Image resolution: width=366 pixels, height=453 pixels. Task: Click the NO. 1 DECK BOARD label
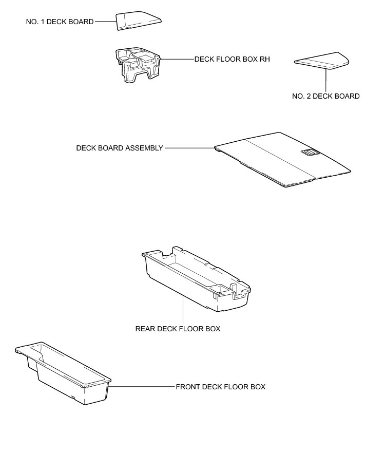point(60,22)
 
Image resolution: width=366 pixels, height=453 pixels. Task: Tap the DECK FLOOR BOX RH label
point(232,59)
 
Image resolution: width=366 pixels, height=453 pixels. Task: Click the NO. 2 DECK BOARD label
point(325,96)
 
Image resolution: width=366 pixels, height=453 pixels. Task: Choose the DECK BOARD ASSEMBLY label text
point(120,148)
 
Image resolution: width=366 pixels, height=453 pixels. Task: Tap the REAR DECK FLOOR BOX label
point(178,329)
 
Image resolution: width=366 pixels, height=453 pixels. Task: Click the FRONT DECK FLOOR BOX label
point(220,387)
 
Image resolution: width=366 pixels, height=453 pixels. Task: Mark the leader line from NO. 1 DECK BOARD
point(105,22)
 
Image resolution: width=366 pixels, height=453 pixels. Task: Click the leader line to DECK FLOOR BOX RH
point(177,59)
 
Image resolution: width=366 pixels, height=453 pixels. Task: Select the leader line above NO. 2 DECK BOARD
point(325,79)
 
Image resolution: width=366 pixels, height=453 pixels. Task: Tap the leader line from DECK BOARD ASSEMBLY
point(189,148)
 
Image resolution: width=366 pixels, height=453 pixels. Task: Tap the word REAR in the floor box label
point(145,329)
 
